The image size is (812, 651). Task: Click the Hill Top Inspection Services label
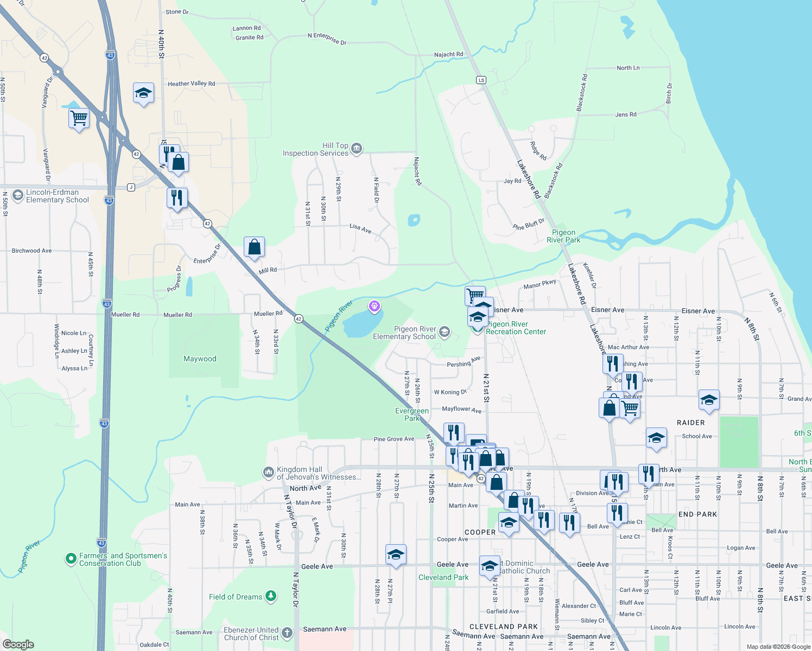point(315,150)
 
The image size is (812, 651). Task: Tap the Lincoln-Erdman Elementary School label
point(57,196)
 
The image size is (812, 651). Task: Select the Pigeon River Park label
point(563,236)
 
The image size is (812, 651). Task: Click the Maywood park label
point(200,359)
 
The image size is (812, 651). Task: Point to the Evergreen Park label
point(412,414)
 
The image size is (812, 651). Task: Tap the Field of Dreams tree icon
point(270,597)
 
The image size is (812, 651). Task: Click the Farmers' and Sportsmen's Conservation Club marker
point(71,559)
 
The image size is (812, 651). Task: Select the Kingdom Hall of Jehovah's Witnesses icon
point(268,473)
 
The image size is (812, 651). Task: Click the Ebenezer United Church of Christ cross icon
point(287,633)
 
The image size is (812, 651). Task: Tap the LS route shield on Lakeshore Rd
point(481,80)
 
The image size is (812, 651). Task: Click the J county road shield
point(131,187)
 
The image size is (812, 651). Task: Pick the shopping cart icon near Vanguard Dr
point(79,117)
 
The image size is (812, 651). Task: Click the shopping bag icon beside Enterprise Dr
point(254,247)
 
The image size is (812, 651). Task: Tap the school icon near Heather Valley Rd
point(143,93)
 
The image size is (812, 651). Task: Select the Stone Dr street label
point(177,11)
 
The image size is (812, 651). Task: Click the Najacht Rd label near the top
point(448,54)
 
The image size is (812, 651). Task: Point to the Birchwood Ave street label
point(31,251)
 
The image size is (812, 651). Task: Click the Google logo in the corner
point(18,644)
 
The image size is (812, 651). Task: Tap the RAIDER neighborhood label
point(690,423)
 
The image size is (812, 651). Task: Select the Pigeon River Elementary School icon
point(445,332)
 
